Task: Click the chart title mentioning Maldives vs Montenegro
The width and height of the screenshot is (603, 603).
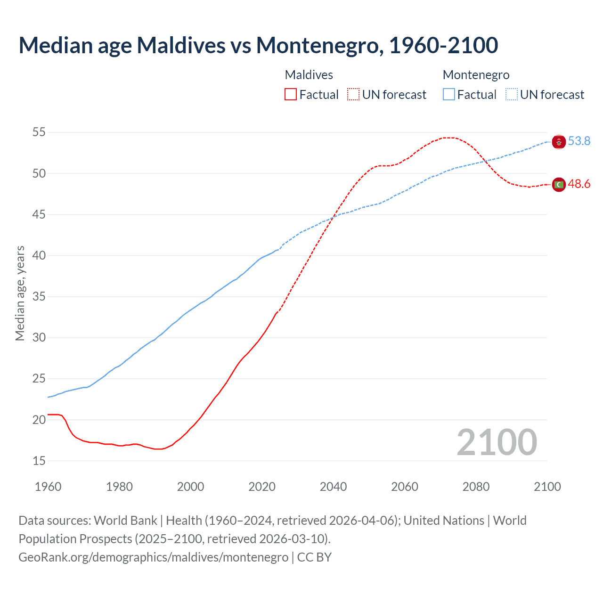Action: [x=258, y=45]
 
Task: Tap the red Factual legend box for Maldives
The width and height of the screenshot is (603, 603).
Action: [x=291, y=94]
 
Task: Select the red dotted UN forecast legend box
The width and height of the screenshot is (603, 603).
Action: [x=353, y=94]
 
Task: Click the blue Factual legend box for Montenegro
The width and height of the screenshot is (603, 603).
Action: [x=449, y=94]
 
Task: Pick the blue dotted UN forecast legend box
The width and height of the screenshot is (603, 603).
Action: [x=512, y=94]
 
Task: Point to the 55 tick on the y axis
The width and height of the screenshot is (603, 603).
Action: [x=39, y=132]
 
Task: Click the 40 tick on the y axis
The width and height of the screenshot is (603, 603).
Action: [x=39, y=255]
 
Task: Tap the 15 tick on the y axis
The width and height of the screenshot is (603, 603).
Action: [x=39, y=461]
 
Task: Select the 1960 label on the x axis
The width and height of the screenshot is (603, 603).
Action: [x=48, y=487]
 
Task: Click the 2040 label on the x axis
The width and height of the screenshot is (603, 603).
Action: [x=333, y=487]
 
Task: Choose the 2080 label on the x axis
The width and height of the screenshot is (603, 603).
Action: [x=476, y=487]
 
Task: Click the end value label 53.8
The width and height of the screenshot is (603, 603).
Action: [x=579, y=141]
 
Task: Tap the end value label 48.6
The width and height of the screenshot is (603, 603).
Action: [x=579, y=184]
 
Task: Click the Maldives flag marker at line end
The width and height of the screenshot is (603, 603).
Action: [x=559, y=185]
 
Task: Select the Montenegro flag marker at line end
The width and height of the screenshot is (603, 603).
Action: [x=559, y=141]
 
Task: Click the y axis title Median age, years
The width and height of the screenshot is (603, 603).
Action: [x=20, y=293]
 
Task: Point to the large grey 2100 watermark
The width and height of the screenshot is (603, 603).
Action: [x=497, y=442]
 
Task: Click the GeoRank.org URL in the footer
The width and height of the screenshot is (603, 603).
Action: [x=154, y=557]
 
